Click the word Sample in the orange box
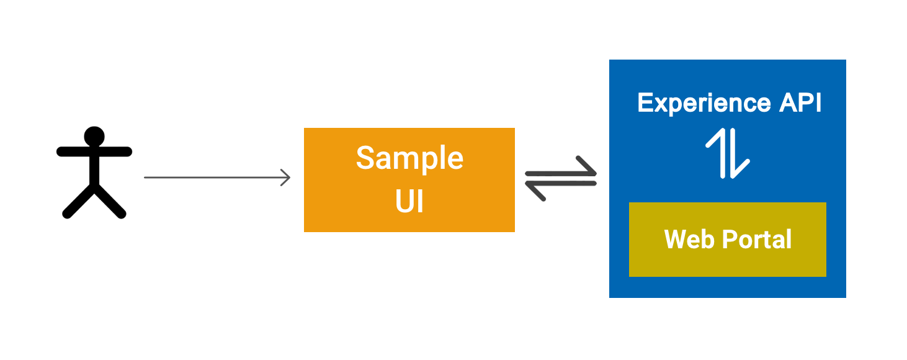[x=409, y=158]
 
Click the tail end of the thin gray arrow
[x=146, y=178]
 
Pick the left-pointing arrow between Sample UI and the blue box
[x=561, y=186]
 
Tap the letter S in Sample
[x=366, y=158]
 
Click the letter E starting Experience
[x=645, y=103]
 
